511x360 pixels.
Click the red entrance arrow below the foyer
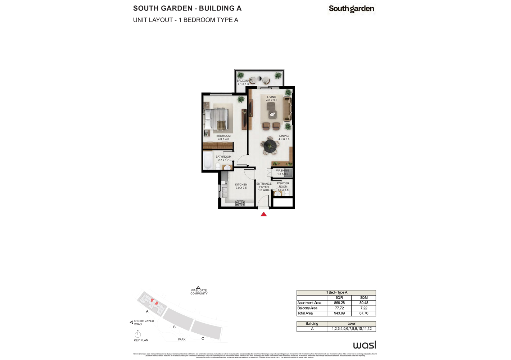pos(263,214)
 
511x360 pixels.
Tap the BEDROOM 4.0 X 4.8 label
pos(223,138)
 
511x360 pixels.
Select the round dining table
pos(270,146)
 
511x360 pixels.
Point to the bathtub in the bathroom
pos(208,160)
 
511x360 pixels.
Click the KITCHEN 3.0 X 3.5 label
pos(241,186)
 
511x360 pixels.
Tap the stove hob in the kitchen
pos(240,203)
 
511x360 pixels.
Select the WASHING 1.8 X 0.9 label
pos(282,172)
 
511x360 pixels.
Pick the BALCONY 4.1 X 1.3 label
pos(243,82)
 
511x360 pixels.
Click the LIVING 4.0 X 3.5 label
pos(272,99)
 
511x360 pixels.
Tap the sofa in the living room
pos(287,109)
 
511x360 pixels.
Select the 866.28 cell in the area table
pos(339,303)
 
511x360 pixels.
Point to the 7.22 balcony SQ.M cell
pos(363,309)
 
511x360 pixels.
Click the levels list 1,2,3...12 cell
pos(352,329)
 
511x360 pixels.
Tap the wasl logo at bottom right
pos(365,345)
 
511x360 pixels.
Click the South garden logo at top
pos(351,9)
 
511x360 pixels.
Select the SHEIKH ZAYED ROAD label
pos(144,323)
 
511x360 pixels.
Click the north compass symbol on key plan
pos(137,334)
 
